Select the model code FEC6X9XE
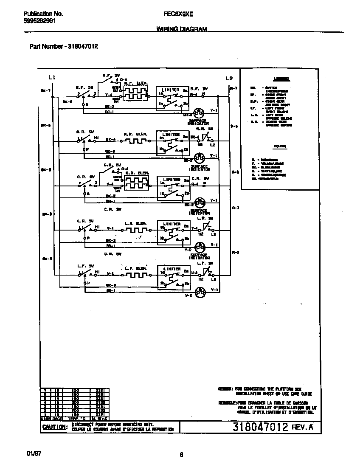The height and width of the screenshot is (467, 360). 178,14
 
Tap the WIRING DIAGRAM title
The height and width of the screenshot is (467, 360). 182,29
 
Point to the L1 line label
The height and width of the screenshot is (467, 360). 52,78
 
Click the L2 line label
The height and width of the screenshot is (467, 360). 229,78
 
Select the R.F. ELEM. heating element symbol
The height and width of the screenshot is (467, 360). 135,93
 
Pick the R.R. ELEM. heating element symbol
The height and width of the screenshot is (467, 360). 135,140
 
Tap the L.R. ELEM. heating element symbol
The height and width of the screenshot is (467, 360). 135,229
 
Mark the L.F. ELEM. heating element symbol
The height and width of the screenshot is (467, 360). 135,274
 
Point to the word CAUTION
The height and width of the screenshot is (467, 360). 54,427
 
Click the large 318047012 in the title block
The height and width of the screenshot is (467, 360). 261,427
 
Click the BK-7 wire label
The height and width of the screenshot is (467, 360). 46,90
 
